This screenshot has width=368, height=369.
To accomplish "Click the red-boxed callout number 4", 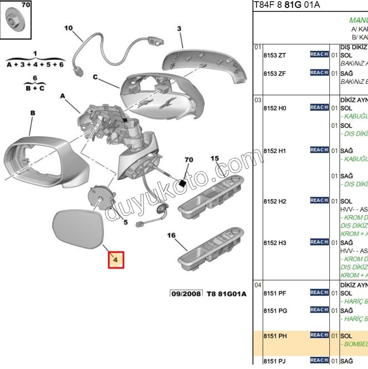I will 116,260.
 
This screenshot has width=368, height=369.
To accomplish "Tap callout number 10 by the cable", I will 69,28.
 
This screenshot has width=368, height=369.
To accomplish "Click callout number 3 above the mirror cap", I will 179,29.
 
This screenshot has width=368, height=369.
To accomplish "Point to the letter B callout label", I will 32,113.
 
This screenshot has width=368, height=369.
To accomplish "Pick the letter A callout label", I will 62,96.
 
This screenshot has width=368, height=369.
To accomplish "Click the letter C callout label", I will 95,78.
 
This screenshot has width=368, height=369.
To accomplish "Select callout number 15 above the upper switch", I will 215,158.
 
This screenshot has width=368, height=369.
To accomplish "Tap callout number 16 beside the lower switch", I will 171,235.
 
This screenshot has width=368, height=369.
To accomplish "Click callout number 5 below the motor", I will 125,223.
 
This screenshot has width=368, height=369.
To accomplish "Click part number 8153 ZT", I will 275,56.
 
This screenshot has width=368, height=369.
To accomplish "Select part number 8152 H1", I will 275,151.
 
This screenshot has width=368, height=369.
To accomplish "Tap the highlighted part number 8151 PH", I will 275,336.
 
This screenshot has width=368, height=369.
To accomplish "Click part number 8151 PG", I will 275,311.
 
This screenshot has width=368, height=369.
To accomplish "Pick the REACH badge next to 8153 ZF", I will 319,73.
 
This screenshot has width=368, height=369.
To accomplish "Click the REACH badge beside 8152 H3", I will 319,242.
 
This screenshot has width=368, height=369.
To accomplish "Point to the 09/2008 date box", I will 186,293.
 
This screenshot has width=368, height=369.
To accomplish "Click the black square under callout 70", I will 183,183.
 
